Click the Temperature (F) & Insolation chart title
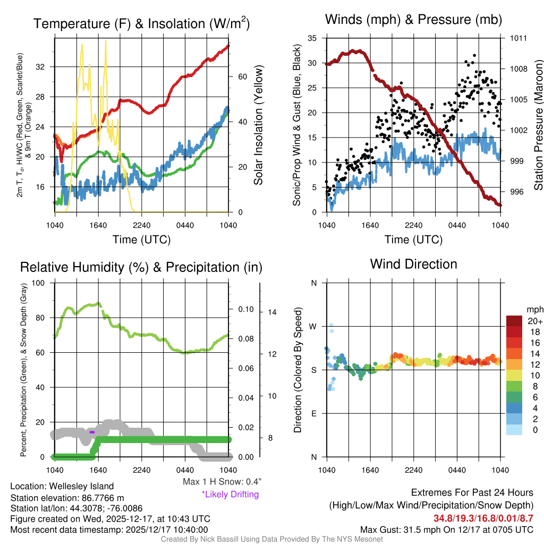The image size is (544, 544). pos(141,23)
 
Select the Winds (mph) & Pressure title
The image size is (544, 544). pos(413,20)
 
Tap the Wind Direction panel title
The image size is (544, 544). pos(413,263)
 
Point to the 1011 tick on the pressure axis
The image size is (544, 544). pos(518,38)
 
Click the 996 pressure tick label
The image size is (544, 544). pos(518,192)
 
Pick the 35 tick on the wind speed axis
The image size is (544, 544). pos(312,38)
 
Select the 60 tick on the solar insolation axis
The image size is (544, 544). pos(242,76)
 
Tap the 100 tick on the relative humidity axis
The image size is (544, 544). pos(39,283)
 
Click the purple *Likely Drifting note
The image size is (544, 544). pos(230,494)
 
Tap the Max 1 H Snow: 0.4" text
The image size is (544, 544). pos(222,482)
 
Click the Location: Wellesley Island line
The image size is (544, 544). pos(62,486)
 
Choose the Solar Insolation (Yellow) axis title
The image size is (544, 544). pos(259,125)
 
